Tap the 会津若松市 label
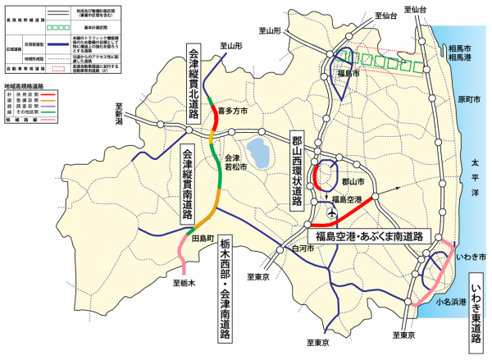coord(235,162)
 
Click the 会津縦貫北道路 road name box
coord(194,82)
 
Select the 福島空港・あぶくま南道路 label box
coord(374,235)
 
